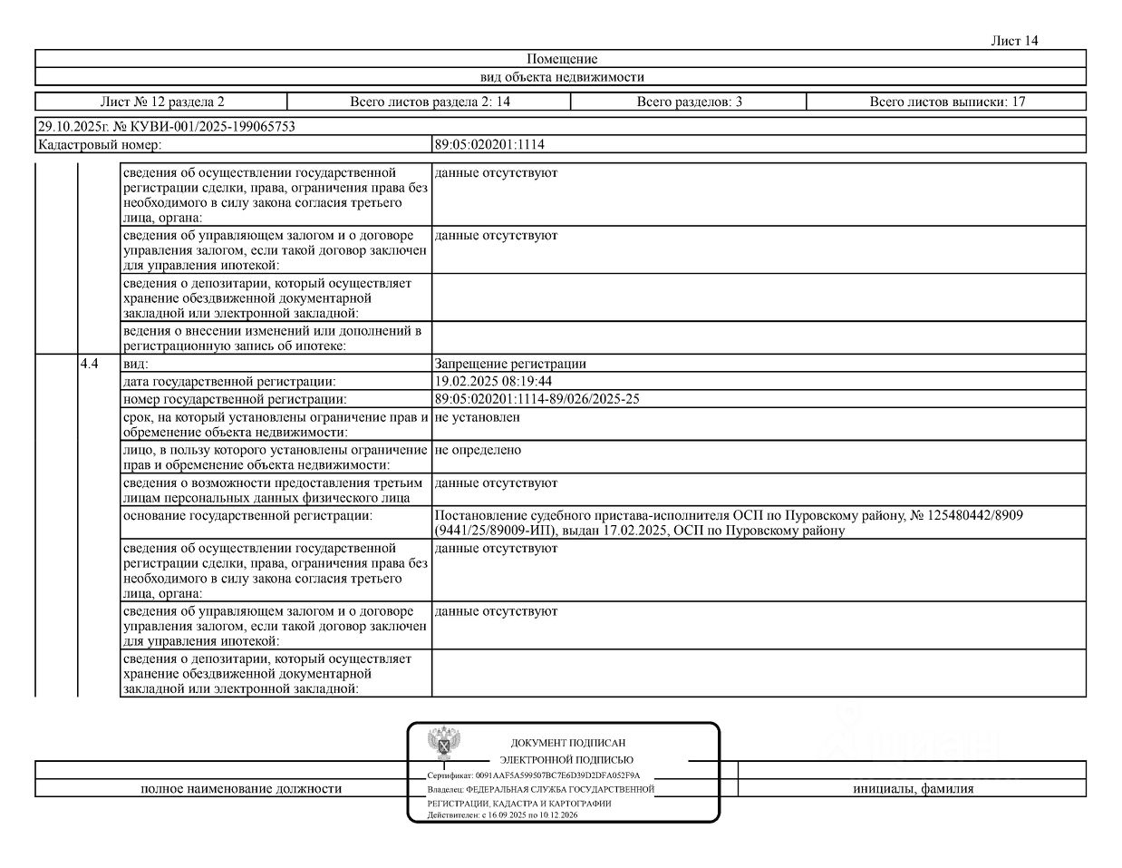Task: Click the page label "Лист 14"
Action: tap(1014, 41)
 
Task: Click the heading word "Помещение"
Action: tap(562, 59)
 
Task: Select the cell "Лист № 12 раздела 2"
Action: tap(162, 102)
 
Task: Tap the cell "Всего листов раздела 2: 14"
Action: tap(430, 102)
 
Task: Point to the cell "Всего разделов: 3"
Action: tap(689, 102)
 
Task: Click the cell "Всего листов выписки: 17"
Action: tap(947, 102)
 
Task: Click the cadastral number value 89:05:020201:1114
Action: tap(489, 144)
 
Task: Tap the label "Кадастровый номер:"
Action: tap(100, 144)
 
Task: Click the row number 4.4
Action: tap(90, 364)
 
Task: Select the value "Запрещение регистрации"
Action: tap(510, 364)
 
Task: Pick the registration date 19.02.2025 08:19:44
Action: tap(493, 381)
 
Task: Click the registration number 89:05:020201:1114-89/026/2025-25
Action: tap(537, 399)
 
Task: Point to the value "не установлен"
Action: tap(477, 417)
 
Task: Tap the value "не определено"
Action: tap(478, 450)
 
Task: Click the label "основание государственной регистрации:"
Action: tap(247, 515)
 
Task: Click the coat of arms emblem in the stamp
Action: tap(443, 743)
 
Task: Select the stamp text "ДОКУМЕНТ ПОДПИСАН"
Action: tap(568, 743)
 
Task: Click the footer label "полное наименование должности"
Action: tap(241, 789)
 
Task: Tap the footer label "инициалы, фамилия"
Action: tap(913, 789)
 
